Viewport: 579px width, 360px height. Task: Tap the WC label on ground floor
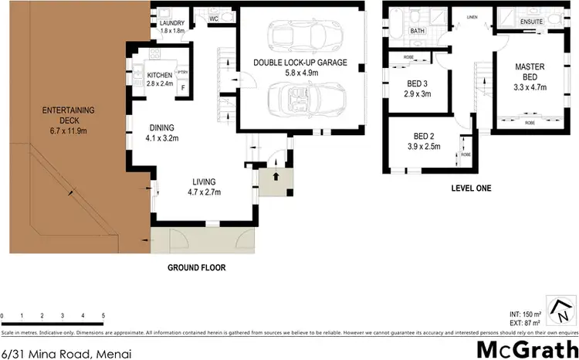(x=214, y=17)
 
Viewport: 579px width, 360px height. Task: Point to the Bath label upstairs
(x=418, y=32)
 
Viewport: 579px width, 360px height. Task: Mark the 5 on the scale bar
(x=103, y=317)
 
